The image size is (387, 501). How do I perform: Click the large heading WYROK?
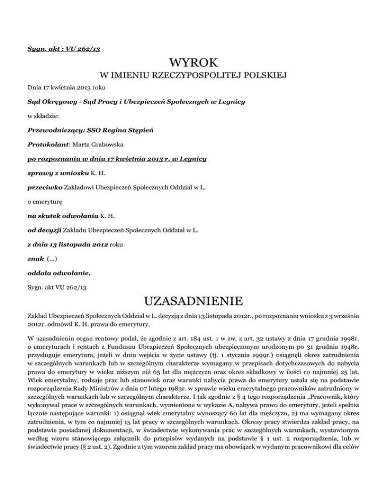tap(193, 64)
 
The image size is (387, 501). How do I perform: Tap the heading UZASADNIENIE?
tap(193, 303)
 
